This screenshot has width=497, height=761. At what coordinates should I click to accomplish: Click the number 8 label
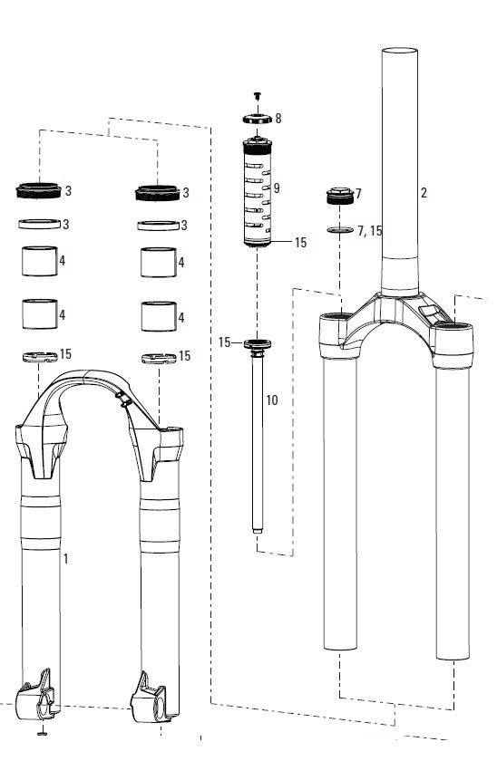pos(278,119)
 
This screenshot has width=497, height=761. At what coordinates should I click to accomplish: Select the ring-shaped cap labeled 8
pos(257,119)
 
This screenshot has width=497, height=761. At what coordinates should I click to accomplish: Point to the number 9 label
pos(277,188)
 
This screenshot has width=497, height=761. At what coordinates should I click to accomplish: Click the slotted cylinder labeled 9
pos(258,192)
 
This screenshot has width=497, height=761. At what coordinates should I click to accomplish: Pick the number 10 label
pos(271,400)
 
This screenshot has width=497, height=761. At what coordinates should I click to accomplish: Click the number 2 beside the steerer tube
pos(424,193)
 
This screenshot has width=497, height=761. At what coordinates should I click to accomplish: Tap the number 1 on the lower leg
pos(65,559)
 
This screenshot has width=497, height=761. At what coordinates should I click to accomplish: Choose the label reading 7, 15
pos(370,231)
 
